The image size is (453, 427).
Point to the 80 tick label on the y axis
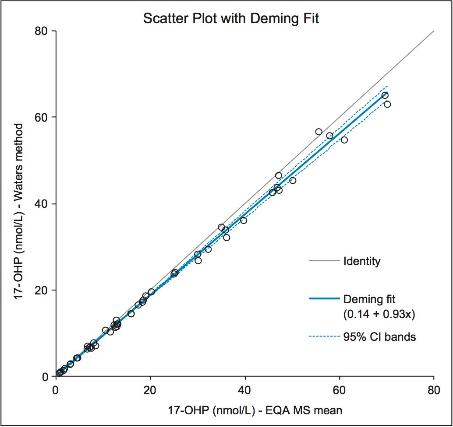click(x=41, y=31)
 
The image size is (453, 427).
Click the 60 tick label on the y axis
click(x=41, y=117)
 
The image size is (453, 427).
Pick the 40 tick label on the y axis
click(x=41, y=204)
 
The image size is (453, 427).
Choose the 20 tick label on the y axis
click(x=41, y=290)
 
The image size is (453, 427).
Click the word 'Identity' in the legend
click(x=362, y=262)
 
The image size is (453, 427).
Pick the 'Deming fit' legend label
click(x=370, y=299)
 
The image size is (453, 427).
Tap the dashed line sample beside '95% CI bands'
click(x=324, y=337)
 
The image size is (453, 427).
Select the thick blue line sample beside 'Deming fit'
click(x=324, y=299)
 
